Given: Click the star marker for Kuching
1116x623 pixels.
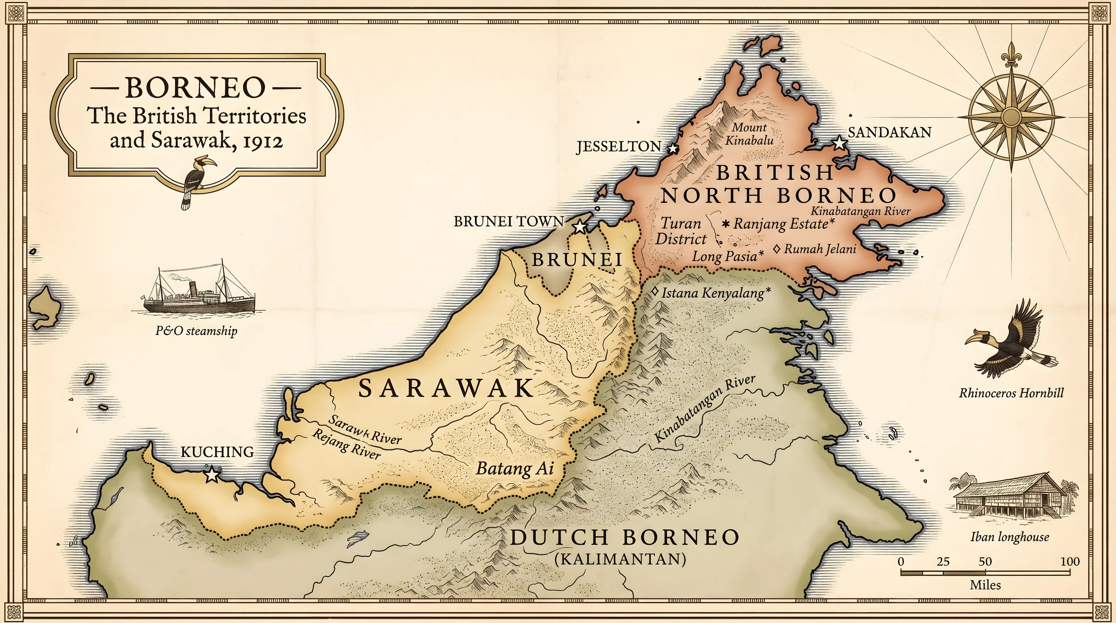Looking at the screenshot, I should [212, 475].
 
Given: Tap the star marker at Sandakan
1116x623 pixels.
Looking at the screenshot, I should [840, 143].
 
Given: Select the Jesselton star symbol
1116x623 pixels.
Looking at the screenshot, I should [673, 148].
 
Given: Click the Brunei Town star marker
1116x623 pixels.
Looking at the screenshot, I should [579, 227].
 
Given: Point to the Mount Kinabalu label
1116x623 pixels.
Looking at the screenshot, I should [749, 134].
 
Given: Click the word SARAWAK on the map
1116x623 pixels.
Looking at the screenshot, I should [446, 388].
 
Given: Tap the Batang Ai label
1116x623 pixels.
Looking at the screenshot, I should [515, 468].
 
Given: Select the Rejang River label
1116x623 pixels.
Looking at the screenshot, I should [346, 444].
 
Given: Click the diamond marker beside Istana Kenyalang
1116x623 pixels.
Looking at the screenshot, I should [655, 292].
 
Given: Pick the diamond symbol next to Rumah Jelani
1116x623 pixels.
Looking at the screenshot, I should [777, 249].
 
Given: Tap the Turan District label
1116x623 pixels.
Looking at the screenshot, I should [681, 231].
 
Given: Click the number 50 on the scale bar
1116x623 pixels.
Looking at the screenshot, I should [985, 561].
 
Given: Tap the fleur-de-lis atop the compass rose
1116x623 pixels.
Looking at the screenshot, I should [1011, 56].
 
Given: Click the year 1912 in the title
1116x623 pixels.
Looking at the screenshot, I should [263, 142].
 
